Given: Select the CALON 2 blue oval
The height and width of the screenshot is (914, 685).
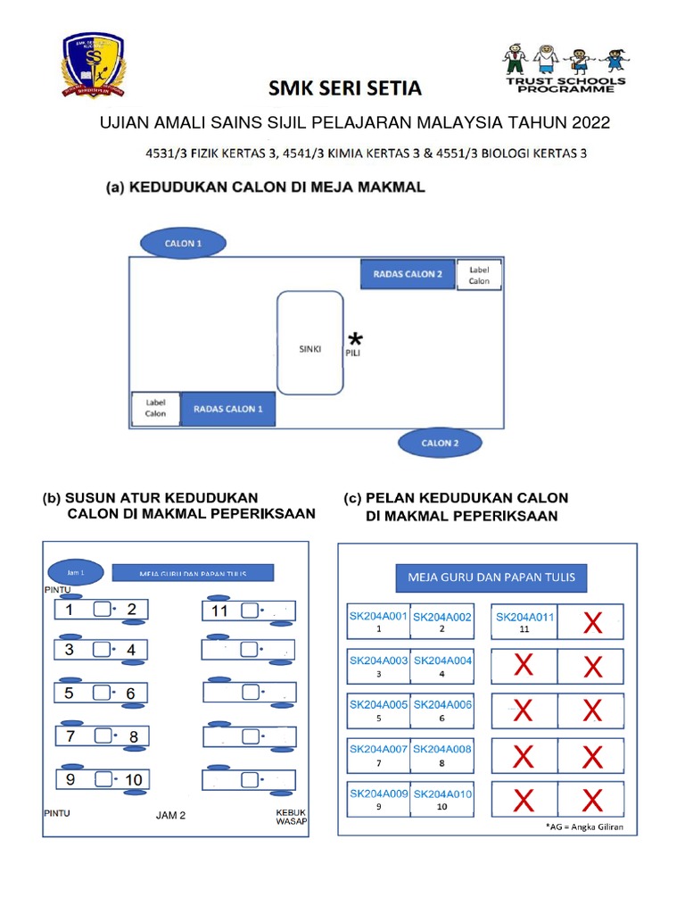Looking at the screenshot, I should (x=440, y=443).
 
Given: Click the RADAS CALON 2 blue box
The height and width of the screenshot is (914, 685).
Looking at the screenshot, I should (x=408, y=274).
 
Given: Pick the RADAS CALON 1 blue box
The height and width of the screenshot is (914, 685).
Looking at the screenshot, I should (x=227, y=409).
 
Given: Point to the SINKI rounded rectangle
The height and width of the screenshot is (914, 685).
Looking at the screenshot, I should (x=310, y=343).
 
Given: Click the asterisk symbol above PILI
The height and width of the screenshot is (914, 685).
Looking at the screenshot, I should (x=356, y=339).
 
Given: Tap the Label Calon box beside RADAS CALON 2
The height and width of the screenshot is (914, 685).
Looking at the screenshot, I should (x=479, y=274).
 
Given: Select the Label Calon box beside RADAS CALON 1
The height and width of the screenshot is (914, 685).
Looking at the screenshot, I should (x=155, y=409).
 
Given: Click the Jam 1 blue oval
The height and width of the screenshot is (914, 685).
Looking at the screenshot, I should (x=76, y=571).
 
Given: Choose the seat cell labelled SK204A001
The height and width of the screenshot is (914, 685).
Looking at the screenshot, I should (x=378, y=620).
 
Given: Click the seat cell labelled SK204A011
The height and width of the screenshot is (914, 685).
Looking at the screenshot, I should (x=524, y=620).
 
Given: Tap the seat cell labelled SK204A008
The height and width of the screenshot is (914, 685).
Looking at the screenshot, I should (x=442, y=754).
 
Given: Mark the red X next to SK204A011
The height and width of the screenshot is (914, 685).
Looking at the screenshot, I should (x=591, y=623).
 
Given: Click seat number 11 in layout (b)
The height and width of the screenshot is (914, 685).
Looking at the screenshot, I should (x=221, y=611).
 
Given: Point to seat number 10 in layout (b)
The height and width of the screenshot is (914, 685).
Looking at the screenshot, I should (x=133, y=779).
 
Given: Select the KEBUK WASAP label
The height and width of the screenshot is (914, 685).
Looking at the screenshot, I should (x=291, y=817).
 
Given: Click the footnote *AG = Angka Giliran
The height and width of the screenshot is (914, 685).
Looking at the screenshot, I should (x=584, y=827).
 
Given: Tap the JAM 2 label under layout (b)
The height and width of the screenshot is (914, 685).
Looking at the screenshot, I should (x=170, y=815).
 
